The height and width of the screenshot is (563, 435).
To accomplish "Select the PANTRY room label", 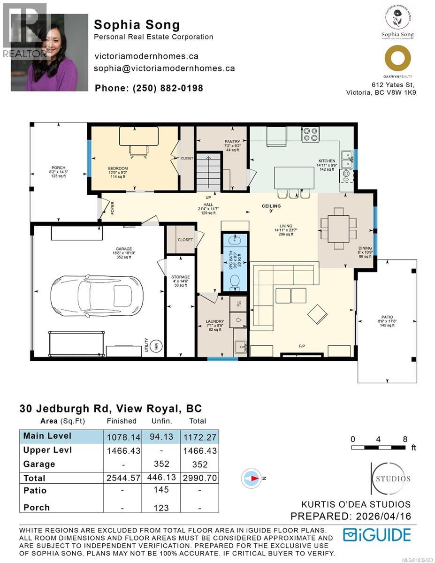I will (x=232, y=142).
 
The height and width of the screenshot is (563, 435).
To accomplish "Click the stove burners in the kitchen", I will (x=310, y=135).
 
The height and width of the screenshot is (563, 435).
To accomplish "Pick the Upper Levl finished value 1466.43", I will (x=123, y=450).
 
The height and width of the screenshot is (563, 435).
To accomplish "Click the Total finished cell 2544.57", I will (x=123, y=478).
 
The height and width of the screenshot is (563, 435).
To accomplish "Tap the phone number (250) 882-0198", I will (x=149, y=88).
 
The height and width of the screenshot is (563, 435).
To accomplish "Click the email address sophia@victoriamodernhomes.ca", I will (x=164, y=68).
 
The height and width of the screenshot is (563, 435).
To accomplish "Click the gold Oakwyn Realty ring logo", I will (x=397, y=59).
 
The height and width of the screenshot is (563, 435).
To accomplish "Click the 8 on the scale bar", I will (x=404, y=439).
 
